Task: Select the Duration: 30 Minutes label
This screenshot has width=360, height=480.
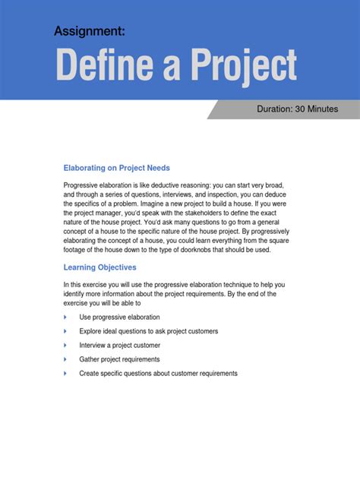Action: [297, 109]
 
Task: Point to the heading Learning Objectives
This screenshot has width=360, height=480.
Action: [99, 267]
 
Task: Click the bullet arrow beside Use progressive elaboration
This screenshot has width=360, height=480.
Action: [66, 317]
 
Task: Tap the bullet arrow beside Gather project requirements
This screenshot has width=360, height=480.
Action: [66, 359]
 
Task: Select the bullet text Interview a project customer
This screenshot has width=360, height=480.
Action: [119, 345]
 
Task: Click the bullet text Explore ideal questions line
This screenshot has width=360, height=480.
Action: [148, 331]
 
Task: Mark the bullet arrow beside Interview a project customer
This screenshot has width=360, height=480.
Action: [66, 345]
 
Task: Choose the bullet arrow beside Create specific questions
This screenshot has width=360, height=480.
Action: [66, 373]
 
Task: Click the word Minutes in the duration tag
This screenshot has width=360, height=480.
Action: [323, 109]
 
